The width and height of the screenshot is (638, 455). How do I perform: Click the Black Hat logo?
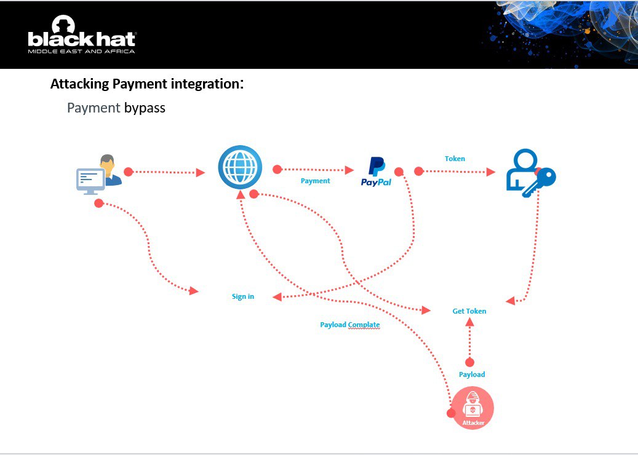tap(81, 36)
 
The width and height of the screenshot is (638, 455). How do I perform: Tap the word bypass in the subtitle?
tap(145, 108)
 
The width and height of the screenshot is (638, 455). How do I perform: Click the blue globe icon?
tap(240, 167)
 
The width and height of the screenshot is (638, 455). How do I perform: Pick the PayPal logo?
tap(376, 172)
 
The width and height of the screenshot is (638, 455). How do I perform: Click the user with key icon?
tap(530, 173)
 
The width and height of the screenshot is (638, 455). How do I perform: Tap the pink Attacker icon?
tap(472, 408)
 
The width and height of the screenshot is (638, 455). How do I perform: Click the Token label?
tap(455, 159)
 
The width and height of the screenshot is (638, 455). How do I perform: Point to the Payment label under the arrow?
tap(315, 181)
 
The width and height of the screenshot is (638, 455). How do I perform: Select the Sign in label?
tap(243, 296)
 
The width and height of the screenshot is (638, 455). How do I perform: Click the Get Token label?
tap(469, 311)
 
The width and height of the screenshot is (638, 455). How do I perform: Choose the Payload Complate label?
tap(349, 325)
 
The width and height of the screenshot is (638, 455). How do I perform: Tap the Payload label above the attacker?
tap(472, 374)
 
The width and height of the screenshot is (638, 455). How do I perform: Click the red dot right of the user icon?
tap(128, 172)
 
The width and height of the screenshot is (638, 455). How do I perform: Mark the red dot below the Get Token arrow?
tap(470, 362)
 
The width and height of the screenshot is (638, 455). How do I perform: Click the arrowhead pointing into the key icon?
tap(490, 172)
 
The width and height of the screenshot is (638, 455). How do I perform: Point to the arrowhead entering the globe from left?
tap(200, 173)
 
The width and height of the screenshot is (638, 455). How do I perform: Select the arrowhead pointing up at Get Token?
tap(470, 324)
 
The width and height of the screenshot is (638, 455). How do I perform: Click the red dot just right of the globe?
tap(277, 168)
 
